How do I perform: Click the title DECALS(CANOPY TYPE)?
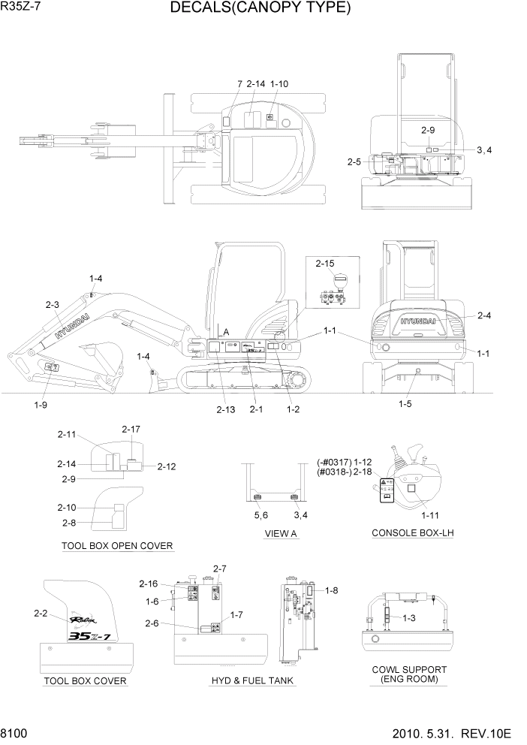tap(260, 8)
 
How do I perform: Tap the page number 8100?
tap(17, 733)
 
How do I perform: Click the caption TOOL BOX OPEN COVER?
tap(117, 545)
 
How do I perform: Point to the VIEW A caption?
tap(281, 533)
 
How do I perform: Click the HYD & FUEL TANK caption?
tap(252, 681)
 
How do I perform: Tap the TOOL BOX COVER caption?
tap(85, 681)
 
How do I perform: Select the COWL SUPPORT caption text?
tap(409, 669)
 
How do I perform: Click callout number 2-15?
tap(325, 264)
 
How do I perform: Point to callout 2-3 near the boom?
tap(52, 305)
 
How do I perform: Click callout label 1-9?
tap(41, 405)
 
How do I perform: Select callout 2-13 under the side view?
tap(226, 409)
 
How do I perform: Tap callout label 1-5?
tap(406, 403)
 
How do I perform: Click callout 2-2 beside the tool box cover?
tap(41, 614)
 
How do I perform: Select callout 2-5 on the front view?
tap(354, 161)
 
